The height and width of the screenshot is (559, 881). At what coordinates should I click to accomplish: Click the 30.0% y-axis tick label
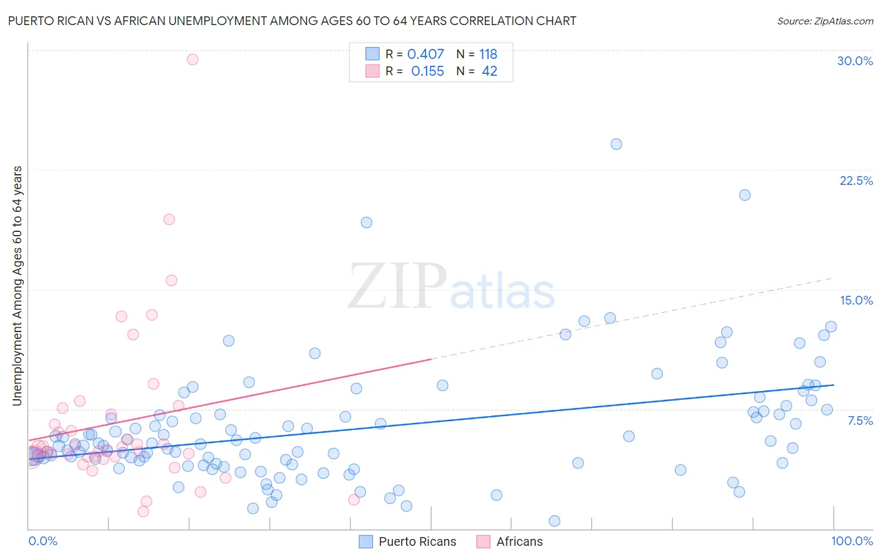[x=855, y=61]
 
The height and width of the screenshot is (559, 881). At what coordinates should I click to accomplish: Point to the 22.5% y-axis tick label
[x=856, y=180]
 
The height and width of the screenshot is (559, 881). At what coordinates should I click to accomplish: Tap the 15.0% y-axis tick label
[x=856, y=300]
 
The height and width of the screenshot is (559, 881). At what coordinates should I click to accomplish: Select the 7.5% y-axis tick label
[x=860, y=421]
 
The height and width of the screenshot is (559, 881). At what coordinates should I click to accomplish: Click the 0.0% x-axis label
[x=43, y=541]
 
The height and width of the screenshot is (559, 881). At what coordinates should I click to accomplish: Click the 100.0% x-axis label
[x=852, y=541]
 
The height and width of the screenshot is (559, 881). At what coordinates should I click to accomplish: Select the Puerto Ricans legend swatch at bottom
[x=366, y=541]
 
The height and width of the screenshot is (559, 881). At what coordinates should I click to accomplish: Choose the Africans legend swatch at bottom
[x=483, y=541]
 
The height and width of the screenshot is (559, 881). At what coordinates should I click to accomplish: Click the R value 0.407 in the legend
[x=425, y=55]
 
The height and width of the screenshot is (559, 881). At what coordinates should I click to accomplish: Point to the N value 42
[x=489, y=71]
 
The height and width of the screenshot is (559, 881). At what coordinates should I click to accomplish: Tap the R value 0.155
[x=427, y=71]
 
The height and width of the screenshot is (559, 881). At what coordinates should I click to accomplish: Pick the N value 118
[x=488, y=55]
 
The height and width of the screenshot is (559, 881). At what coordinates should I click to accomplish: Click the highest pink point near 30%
[x=192, y=60]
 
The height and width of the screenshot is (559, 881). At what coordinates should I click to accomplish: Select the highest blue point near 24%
[x=616, y=144]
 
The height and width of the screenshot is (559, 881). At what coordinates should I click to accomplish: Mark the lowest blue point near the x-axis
[x=554, y=521]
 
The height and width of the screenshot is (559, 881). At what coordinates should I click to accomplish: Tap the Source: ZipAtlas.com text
[x=825, y=21]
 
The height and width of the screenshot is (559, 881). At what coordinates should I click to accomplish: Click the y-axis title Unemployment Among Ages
[x=17, y=285]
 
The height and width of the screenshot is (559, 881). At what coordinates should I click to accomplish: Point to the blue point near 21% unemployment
[x=744, y=195]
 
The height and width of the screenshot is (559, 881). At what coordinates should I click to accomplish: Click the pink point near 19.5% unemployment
[x=169, y=219]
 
